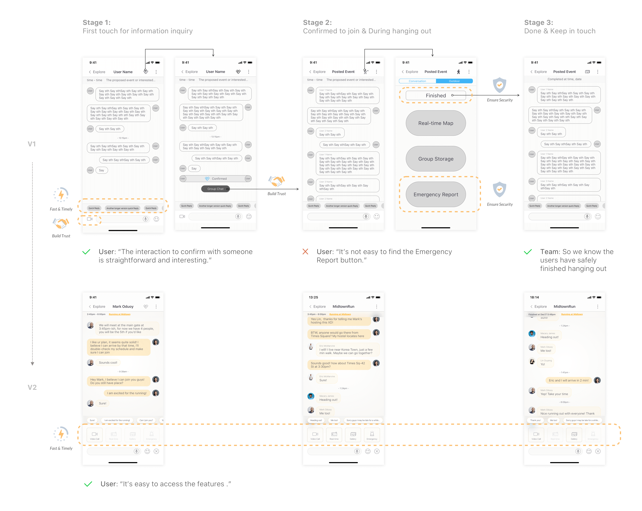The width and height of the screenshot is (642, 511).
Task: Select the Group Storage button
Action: [436, 159]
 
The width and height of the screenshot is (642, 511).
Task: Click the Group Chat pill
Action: [215, 189]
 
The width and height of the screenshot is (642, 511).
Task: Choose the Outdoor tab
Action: [454, 81]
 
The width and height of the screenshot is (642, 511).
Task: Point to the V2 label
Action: [32, 387]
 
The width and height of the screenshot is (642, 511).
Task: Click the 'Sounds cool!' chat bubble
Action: [108, 363]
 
